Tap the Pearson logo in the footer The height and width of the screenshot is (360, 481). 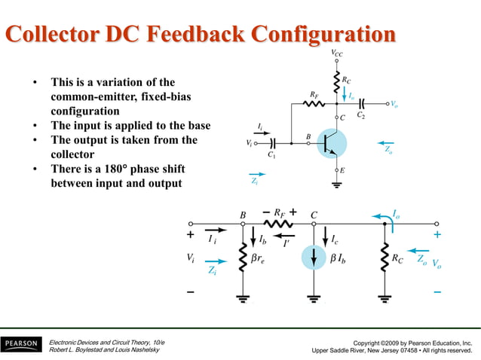(x=20, y=344)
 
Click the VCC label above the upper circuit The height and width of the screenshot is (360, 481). (x=337, y=53)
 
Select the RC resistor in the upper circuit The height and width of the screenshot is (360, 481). (x=337, y=79)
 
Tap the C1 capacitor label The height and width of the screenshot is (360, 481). (x=271, y=155)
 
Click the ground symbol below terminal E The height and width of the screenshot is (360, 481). (x=337, y=185)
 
